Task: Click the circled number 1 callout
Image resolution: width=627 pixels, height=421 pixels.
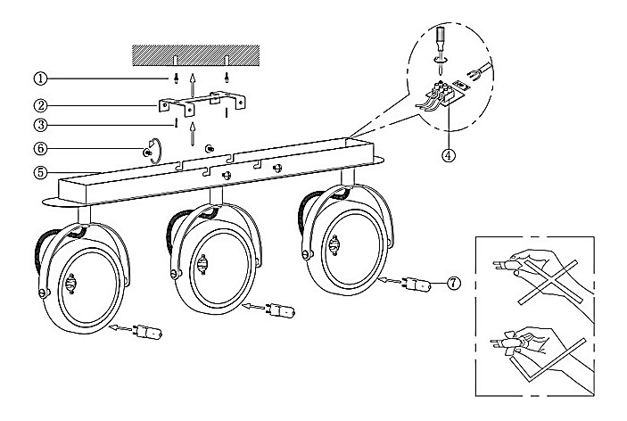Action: click(x=40, y=78)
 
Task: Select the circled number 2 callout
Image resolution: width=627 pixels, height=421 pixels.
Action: click(x=40, y=106)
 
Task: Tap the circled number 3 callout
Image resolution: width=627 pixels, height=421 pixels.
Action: click(x=40, y=125)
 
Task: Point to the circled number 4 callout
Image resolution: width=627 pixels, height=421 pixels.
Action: click(x=449, y=154)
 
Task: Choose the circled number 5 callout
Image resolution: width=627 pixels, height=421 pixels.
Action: click(x=40, y=173)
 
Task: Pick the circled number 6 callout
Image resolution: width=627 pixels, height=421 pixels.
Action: click(x=40, y=149)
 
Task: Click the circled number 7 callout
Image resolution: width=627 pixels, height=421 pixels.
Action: click(x=453, y=284)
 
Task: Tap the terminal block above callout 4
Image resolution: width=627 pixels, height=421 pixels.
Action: click(x=441, y=93)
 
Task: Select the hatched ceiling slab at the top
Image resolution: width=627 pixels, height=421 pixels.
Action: click(x=196, y=55)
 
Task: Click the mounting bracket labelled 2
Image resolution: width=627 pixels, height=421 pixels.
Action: click(x=202, y=103)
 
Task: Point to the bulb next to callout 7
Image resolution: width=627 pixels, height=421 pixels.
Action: click(x=418, y=285)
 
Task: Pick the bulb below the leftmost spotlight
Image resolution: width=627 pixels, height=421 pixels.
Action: click(x=149, y=332)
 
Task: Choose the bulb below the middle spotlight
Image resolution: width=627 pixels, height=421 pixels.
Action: click(x=282, y=310)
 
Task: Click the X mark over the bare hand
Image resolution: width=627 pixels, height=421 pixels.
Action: click(x=548, y=282)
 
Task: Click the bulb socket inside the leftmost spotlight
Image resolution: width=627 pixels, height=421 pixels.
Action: click(x=71, y=284)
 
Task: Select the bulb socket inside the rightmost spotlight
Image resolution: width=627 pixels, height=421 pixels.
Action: click(x=334, y=245)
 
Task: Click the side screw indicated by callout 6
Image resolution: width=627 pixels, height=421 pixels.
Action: click(x=146, y=152)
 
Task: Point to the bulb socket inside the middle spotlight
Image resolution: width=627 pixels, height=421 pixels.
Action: click(x=202, y=264)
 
